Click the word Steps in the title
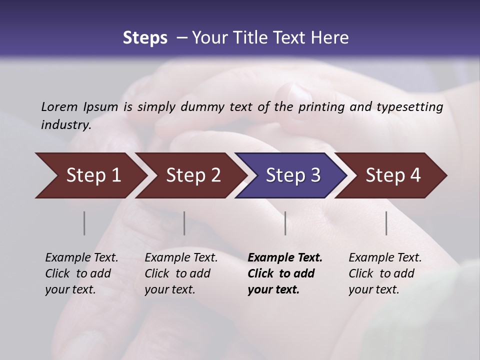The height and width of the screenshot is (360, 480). tap(145, 38)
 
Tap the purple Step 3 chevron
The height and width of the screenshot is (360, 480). tap(293, 175)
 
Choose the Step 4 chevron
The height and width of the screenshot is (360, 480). tap(393, 175)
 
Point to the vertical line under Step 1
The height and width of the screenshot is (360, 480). tap(84, 223)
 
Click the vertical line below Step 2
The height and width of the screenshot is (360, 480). tap(184, 223)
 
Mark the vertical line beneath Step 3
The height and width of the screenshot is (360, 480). tap(285, 223)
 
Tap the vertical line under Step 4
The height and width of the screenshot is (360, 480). tap(386, 223)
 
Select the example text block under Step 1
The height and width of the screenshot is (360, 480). tap(81, 273)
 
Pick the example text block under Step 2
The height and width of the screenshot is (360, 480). tap(181, 273)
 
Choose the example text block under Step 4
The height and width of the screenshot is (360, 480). tap(385, 273)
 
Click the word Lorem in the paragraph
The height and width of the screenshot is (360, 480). tap(59, 106)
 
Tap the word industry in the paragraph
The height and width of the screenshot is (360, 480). tap(65, 124)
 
